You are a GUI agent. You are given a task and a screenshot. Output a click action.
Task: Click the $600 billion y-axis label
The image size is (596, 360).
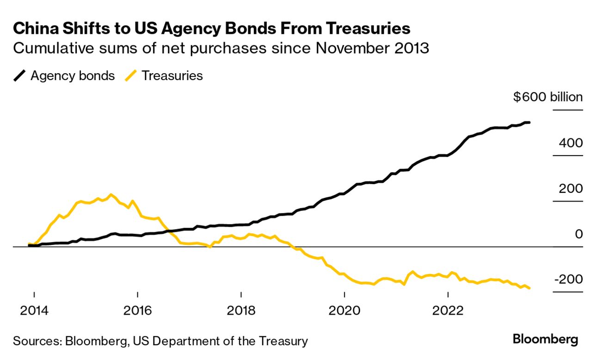[548, 97]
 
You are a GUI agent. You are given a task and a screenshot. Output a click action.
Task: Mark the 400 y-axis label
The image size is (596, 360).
[571, 143]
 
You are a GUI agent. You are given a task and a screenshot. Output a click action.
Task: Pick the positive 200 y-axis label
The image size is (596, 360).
[571, 188]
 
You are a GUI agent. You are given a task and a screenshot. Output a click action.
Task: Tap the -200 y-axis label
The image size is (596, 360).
[568, 279]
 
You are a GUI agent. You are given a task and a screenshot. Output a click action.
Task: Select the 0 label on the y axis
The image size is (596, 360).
[578, 234]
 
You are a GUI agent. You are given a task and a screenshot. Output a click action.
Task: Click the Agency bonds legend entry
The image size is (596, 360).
[73, 76]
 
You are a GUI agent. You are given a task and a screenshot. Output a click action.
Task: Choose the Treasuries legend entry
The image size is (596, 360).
[172, 76]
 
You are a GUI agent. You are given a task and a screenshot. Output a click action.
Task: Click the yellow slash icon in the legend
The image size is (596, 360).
[131, 76]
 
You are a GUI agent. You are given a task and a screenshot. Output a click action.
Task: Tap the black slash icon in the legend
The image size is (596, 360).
[20, 76]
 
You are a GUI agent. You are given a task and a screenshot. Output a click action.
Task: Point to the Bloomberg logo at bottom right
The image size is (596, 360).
[545, 340]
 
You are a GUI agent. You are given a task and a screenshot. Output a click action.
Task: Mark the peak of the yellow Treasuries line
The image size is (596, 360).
[111, 194]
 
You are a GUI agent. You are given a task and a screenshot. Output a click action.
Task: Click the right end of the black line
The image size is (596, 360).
[528, 123]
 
